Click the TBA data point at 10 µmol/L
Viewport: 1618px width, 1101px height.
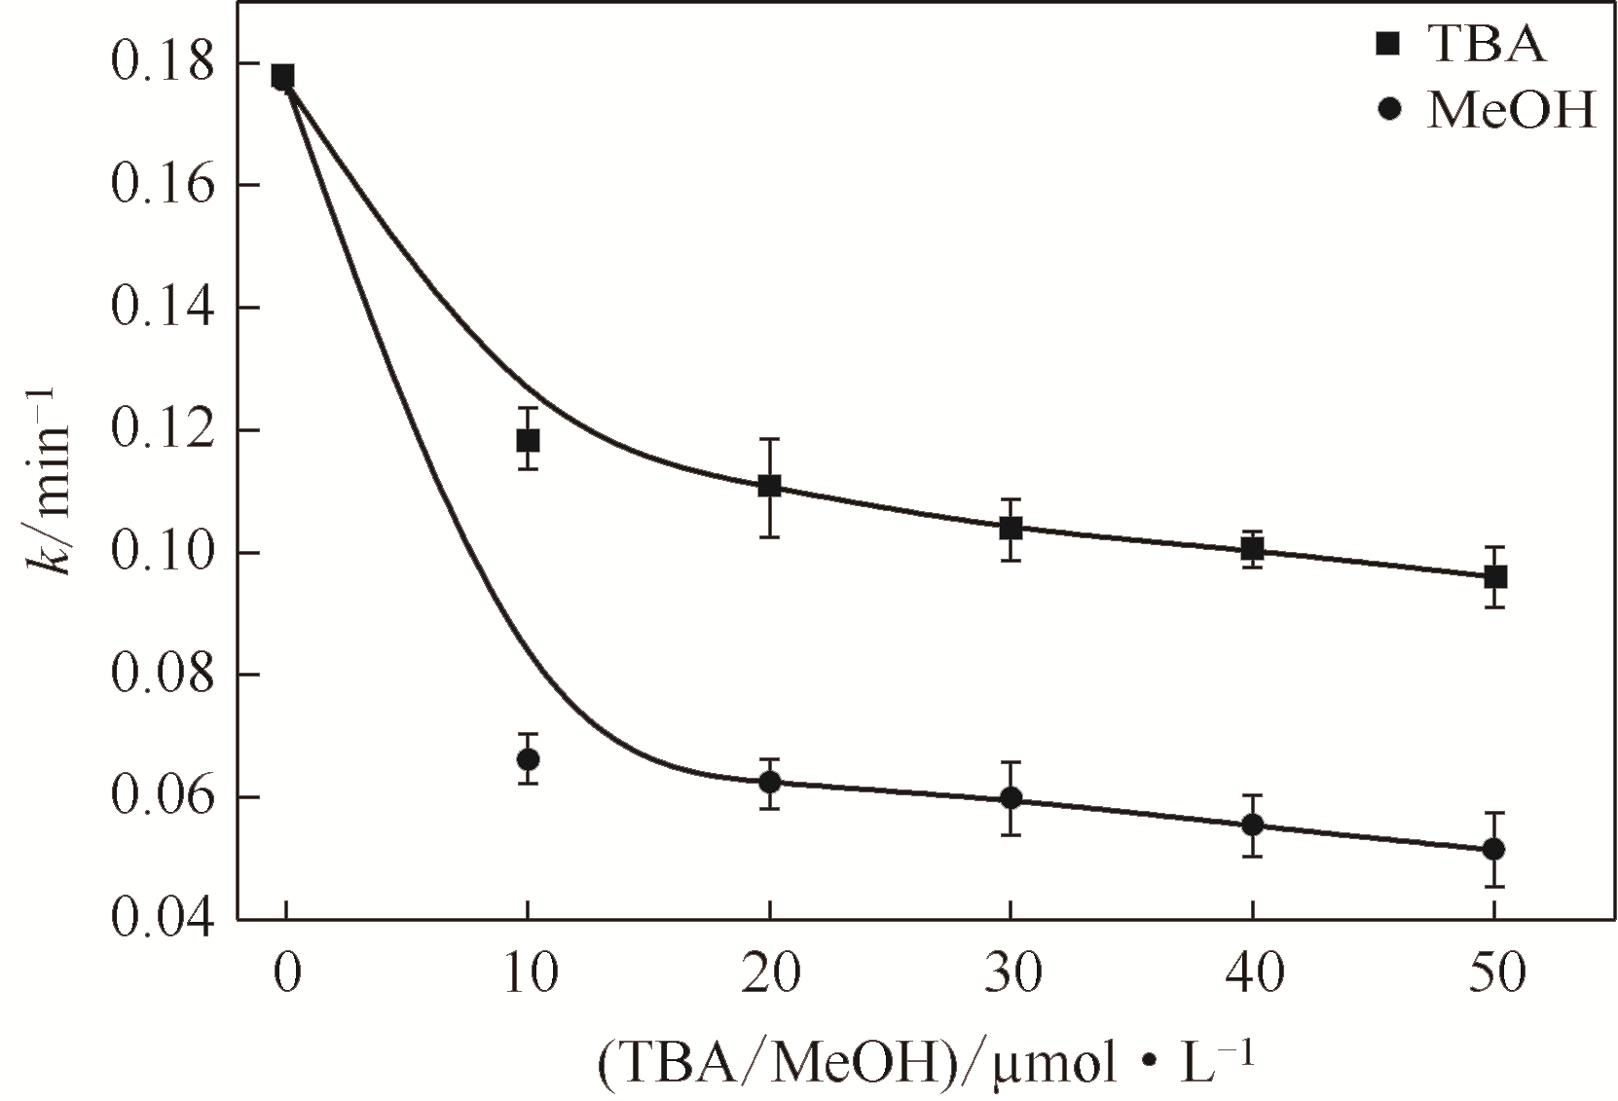pyautogui.click(x=528, y=440)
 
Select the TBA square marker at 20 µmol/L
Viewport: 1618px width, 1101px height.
pyautogui.click(x=769, y=486)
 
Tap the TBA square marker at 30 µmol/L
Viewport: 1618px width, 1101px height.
pyautogui.click(x=1011, y=529)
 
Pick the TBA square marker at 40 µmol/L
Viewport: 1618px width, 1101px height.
pyautogui.click(x=1253, y=549)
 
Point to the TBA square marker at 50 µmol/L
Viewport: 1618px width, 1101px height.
pyautogui.click(x=1495, y=577)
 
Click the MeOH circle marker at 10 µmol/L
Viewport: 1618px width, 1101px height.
pyautogui.click(x=528, y=758)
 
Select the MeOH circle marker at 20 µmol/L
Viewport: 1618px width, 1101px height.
pyautogui.click(x=769, y=782)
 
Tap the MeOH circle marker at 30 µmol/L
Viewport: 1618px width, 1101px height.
pyautogui.click(x=1011, y=798)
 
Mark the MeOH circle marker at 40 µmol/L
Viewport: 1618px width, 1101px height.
pyautogui.click(x=1253, y=825)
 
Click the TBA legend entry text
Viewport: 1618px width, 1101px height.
pyautogui.click(x=1486, y=44)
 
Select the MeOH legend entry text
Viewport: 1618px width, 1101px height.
pyautogui.click(x=1511, y=111)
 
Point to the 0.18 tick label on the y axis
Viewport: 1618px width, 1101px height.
pyautogui.click(x=161, y=64)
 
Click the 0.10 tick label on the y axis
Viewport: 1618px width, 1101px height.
pyautogui.click(x=161, y=553)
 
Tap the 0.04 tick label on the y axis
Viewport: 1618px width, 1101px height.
pyautogui.click(x=161, y=920)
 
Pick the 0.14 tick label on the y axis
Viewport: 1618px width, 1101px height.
pyautogui.click(x=161, y=309)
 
